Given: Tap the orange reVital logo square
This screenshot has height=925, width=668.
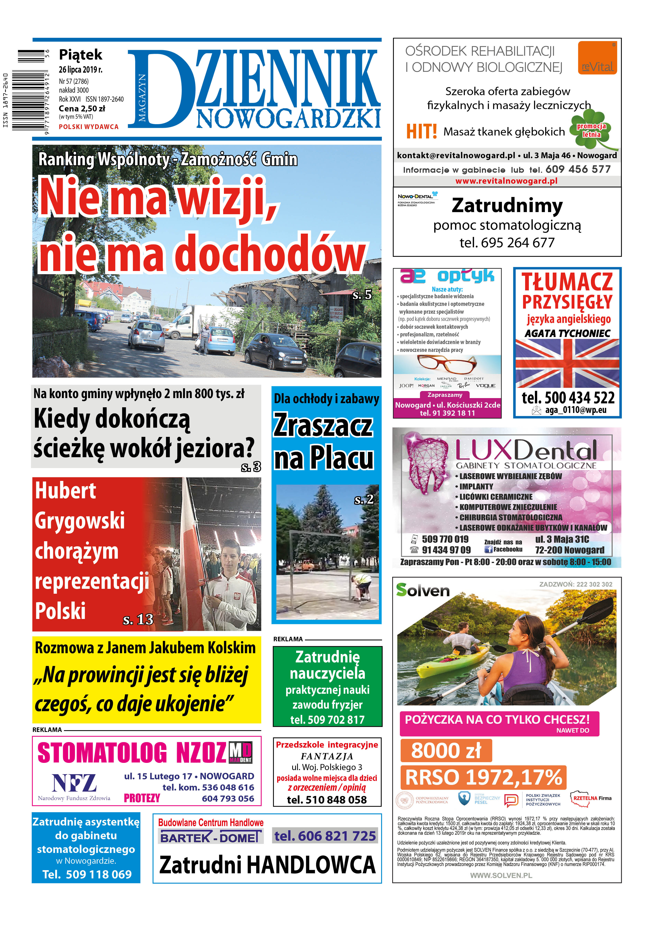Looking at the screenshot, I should [x=597, y=58].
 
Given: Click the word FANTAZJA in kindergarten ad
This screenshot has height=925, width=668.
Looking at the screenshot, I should [x=327, y=756].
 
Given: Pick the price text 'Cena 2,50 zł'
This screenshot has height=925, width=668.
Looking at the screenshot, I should [x=82, y=108].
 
